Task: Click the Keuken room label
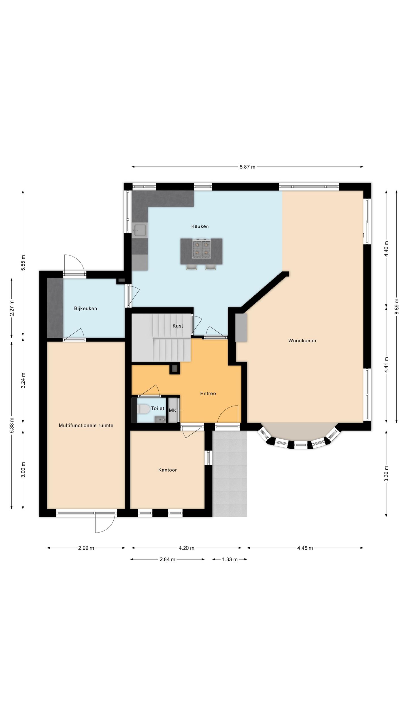tap(200, 226)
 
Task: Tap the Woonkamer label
tap(302, 341)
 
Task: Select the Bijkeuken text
tap(86, 309)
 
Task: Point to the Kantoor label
tap(167, 470)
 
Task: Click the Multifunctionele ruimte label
tap(86, 425)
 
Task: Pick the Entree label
tap(208, 394)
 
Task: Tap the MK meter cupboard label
tap(173, 410)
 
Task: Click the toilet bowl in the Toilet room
tap(144, 409)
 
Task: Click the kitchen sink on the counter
tap(140, 230)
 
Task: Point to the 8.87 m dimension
tap(247, 167)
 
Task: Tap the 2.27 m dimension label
tap(12, 308)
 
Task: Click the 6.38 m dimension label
tap(12, 426)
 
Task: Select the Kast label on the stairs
tap(178, 326)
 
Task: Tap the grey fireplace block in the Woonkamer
tap(241, 328)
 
